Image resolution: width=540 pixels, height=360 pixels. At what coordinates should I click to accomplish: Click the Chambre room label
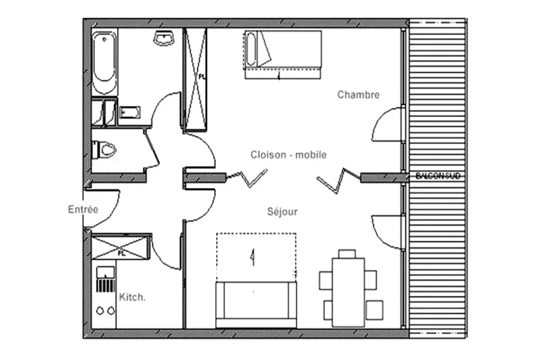point(359,95)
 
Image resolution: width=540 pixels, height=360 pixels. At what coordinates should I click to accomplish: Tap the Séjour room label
point(282,212)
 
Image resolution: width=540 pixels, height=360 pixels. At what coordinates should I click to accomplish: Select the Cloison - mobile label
point(288,155)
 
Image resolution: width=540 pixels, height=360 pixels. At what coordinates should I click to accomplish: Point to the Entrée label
point(83,209)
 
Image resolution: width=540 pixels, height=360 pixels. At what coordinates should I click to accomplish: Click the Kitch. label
point(131,297)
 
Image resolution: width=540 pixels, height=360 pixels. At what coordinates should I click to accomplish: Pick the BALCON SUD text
point(438,176)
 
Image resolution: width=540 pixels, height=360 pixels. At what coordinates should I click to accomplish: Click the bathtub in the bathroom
point(104,63)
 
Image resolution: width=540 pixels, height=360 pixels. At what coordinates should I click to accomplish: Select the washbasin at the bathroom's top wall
point(164,38)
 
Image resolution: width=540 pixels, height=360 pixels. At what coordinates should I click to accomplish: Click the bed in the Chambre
point(283,54)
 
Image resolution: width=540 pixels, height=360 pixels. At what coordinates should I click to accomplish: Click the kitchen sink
point(105,273)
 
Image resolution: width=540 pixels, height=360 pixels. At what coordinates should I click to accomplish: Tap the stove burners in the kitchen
point(105,310)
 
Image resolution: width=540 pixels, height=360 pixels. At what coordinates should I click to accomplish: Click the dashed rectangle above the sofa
point(256,256)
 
